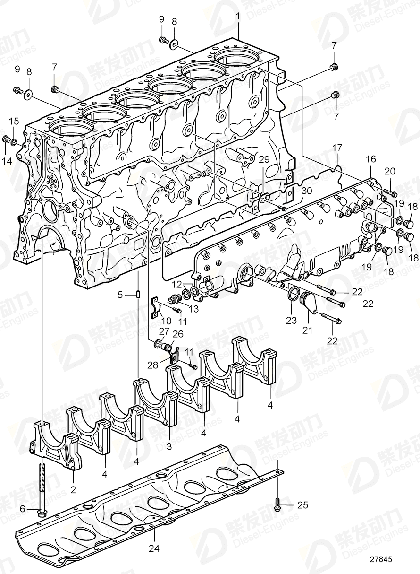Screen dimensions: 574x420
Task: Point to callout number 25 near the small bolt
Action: click(x=302, y=505)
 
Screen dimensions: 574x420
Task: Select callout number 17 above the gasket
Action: click(x=337, y=148)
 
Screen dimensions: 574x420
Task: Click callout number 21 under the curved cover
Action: click(x=307, y=331)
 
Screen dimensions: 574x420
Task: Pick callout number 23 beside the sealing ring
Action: click(x=291, y=320)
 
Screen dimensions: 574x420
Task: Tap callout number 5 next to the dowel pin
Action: click(x=120, y=295)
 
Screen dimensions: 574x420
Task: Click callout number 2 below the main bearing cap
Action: click(x=73, y=490)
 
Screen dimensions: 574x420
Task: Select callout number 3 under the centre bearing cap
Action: click(x=169, y=446)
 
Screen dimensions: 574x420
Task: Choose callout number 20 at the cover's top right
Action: click(x=390, y=171)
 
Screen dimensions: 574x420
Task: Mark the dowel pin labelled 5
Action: click(x=137, y=295)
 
